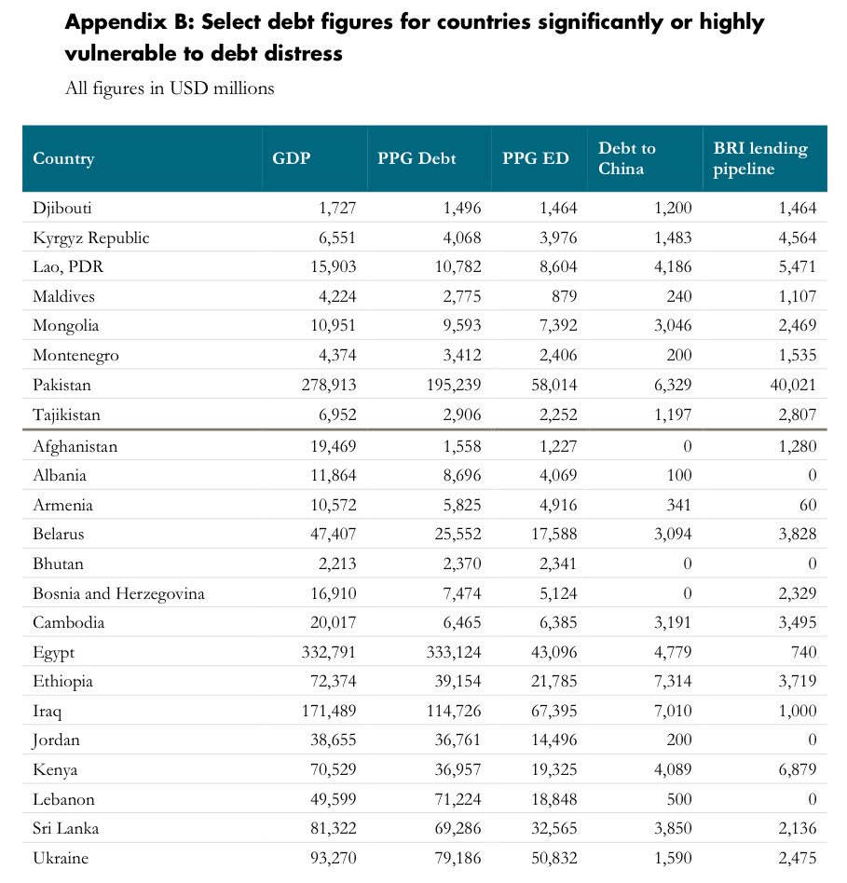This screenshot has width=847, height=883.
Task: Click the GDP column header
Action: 291,158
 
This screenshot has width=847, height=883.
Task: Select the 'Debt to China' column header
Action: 627,158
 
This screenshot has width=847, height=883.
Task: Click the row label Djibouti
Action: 62,208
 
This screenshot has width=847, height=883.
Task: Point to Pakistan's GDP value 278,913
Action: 324,385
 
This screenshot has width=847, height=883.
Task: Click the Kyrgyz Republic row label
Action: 90,238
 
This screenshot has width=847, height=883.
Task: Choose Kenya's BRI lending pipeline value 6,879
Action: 796,769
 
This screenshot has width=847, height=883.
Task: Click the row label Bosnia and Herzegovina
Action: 118,593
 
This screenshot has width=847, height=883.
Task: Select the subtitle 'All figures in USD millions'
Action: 170,88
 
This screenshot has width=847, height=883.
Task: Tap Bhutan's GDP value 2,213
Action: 335,564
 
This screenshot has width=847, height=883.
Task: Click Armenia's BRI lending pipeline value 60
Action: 807,505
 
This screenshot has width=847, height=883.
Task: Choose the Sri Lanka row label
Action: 65,829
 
